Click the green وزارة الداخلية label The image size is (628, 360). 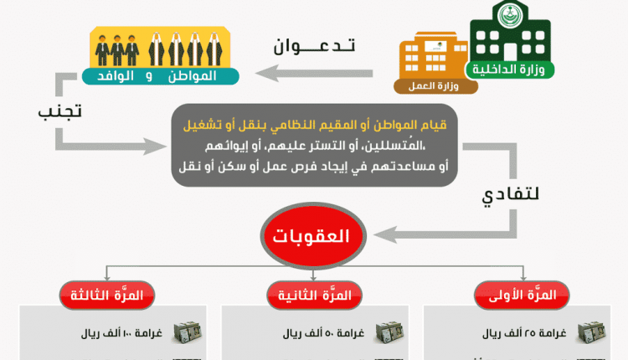(509, 69)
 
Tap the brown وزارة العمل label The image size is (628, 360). (435, 86)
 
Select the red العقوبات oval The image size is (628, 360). (313, 235)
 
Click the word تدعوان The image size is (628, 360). (314, 46)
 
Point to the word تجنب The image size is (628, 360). (60, 111)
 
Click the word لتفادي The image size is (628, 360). (510, 195)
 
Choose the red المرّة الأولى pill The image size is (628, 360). (522, 296)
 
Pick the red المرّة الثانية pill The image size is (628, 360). (314, 296)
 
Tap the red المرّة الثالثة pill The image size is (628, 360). (107, 296)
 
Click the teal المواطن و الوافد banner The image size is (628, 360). (160, 76)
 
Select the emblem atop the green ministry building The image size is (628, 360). (510, 15)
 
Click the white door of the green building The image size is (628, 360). (510, 52)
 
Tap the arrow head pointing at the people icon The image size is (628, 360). (266, 74)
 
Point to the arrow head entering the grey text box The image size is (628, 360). (157, 147)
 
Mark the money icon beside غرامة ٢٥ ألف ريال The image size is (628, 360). (591, 332)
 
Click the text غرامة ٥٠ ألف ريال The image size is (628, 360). (323, 333)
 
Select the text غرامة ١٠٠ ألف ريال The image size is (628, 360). (121, 333)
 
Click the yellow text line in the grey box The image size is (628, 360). (315, 126)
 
